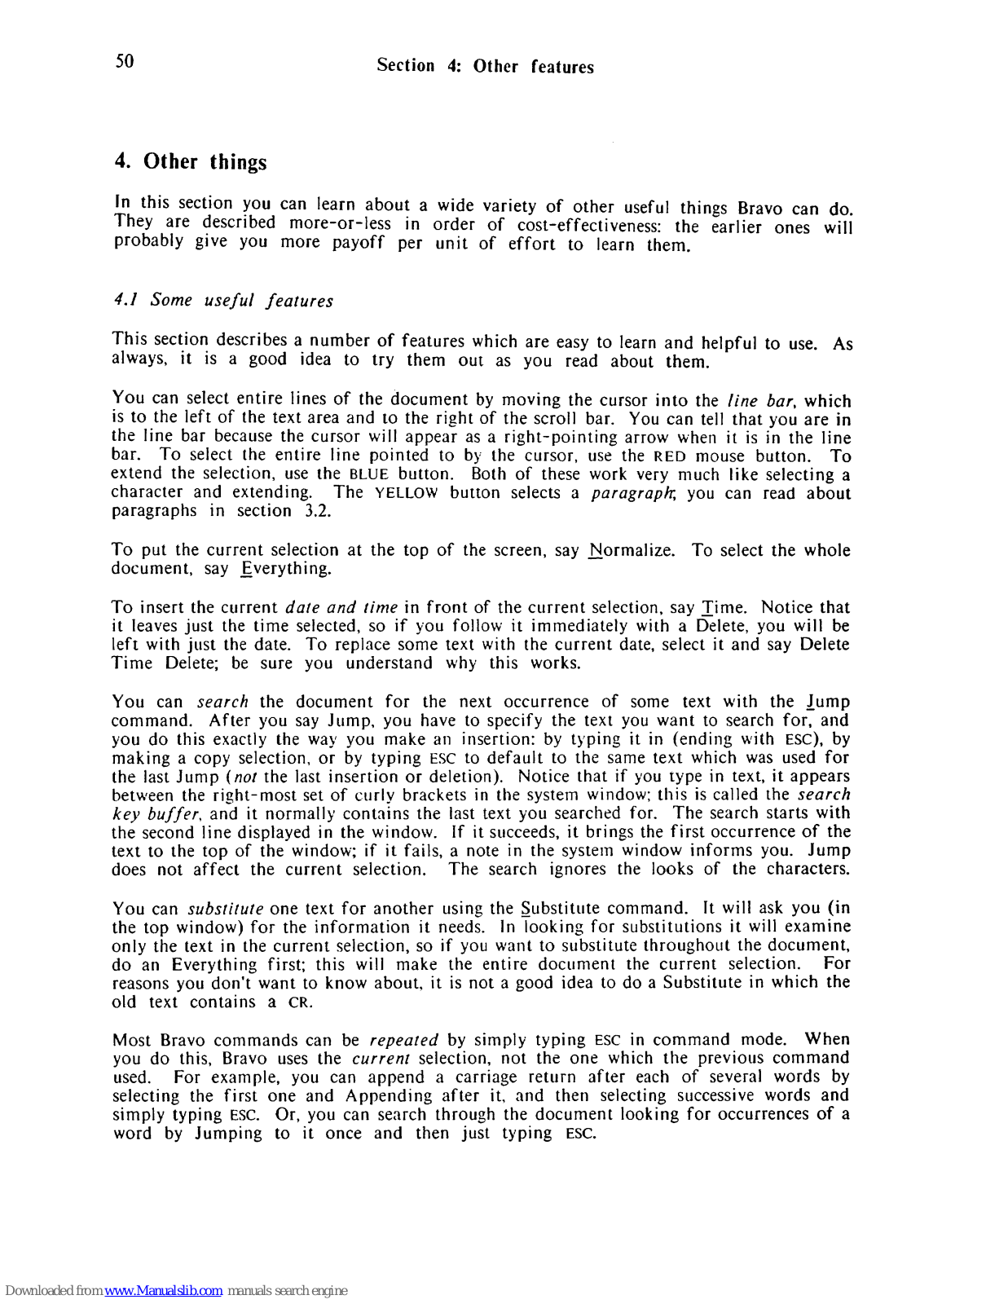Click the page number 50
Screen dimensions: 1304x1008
coord(125,61)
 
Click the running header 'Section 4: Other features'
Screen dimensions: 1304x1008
coord(485,66)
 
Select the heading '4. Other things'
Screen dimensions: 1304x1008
coord(191,161)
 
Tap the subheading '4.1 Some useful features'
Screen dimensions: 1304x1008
coord(223,300)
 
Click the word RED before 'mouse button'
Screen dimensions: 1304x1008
coord(670,456)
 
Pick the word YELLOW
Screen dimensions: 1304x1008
coord(406,493)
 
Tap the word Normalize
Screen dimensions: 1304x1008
coord(631,550)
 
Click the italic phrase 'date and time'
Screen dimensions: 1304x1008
coord(341,607)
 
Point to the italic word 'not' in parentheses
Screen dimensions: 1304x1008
coord(245,777)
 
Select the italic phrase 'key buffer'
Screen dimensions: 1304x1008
coord(157,813)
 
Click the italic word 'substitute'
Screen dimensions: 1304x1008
coord(226,908)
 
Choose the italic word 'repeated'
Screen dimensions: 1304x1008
coord(403,1040)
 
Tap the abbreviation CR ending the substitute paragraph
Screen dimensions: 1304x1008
coord(299,1002)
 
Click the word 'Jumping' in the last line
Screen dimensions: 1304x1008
coord(228,1134)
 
